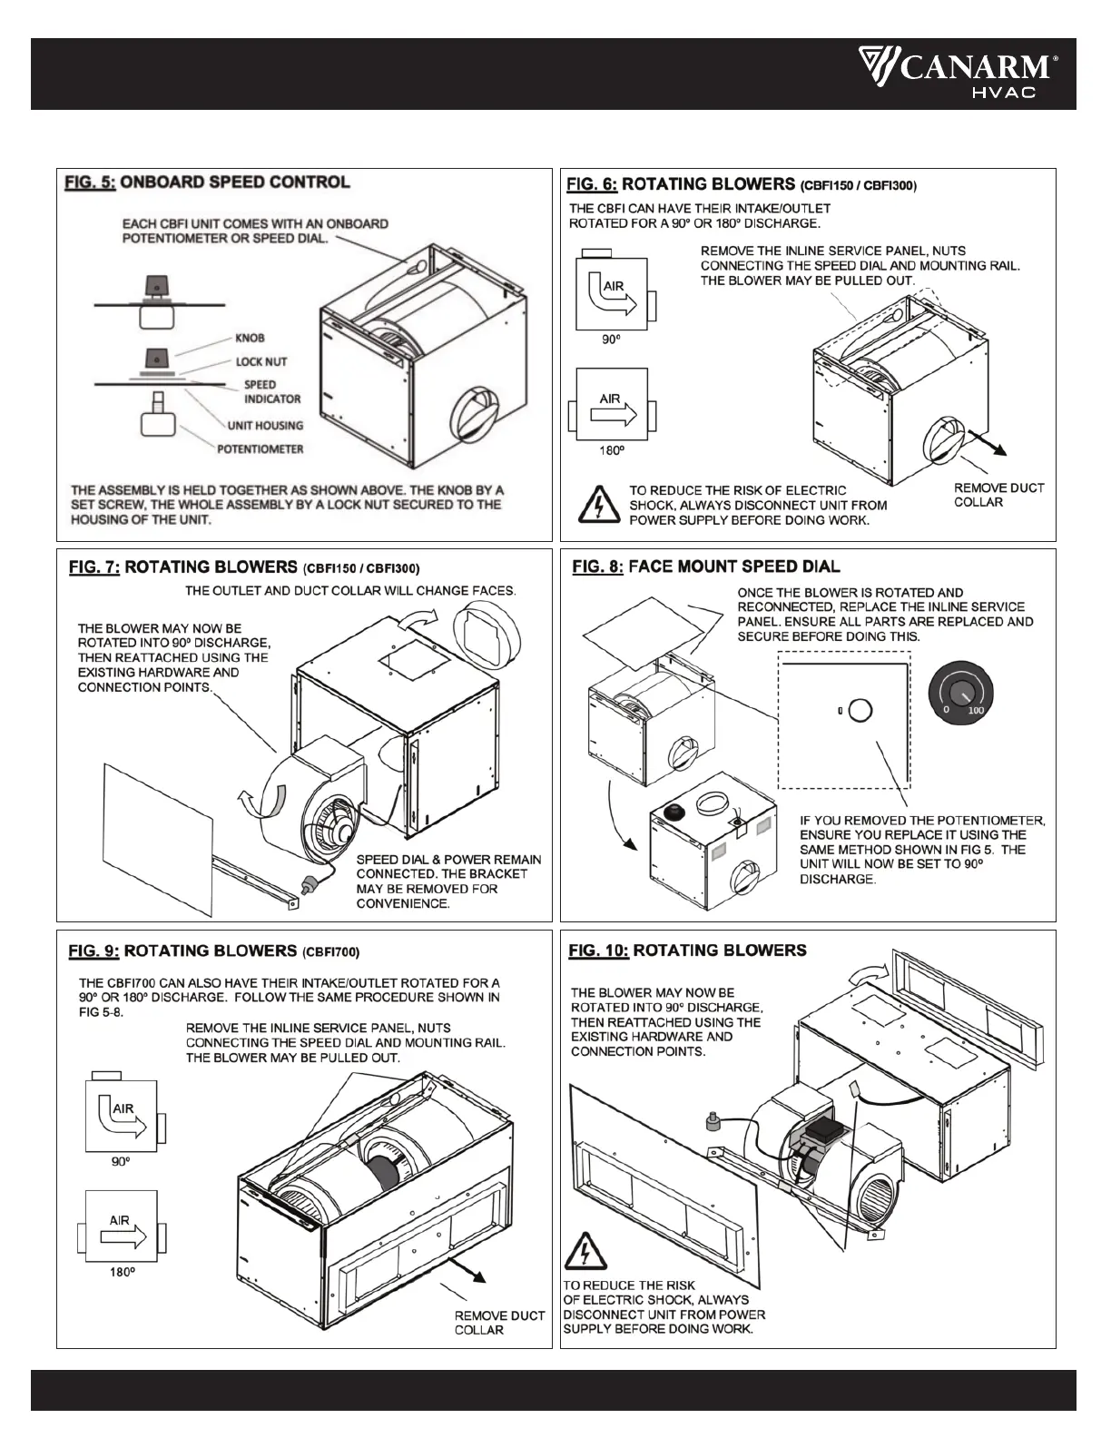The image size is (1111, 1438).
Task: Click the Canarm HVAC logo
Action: click(x=959, y=74)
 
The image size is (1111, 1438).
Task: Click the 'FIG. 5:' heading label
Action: click(x=90, y=182)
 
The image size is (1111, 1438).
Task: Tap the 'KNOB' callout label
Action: click(x=250, y=338)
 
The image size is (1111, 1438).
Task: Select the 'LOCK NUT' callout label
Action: click(x=261, y=361)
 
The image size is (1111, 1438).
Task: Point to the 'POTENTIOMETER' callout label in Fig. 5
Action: click(x=260, y=448)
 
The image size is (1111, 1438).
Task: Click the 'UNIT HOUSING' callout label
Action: click(x=265, y=425)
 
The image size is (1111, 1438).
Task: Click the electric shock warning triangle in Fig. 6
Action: click(x=598, y=504)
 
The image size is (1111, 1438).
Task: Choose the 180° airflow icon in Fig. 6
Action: click(x=611, y=404)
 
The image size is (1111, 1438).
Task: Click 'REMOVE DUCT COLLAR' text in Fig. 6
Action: click(x=998, y=495)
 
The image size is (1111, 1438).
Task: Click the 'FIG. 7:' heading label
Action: click(x=94, y=567)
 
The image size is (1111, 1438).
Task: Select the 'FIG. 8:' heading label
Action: click(x=597, y=566)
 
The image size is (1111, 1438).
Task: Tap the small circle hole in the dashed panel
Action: click(x=860, y=710)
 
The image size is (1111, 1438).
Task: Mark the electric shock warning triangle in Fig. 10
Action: click(x=586, y=1252)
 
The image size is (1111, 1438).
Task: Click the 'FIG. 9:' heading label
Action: click(x=94, y=950)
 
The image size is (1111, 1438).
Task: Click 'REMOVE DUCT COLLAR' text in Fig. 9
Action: click(x=499, y=1322)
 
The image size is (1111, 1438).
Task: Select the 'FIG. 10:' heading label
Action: click(x=598, y=950)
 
